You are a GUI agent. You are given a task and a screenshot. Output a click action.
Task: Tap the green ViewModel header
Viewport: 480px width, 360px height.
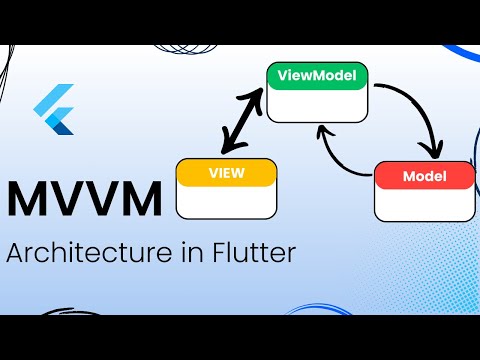tap(317, 76)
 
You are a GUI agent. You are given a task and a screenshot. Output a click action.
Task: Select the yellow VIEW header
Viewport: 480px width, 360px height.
tap(225, 173)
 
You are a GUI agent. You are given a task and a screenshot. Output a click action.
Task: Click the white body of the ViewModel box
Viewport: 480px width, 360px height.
tap(317, 104)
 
